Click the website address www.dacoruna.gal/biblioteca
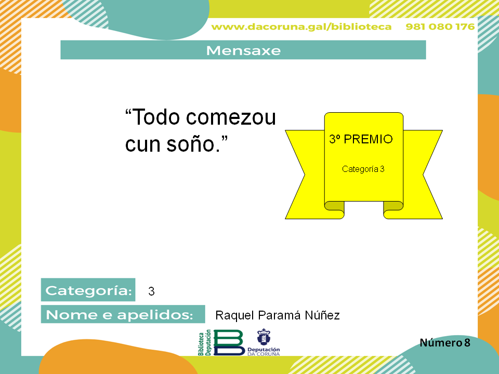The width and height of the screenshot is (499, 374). click(x=301, y=26)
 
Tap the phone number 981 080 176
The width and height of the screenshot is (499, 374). click(x=440, y=26)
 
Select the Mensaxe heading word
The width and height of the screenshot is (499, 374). click(x=243, y=50)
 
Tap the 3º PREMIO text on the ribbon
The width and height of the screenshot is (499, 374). click(x=361, y=139)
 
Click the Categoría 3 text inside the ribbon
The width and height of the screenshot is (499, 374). click(x=363, y=169)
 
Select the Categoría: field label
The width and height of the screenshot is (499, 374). click(x=88, y=290)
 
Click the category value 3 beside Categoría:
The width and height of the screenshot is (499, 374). click(x=151, y=291)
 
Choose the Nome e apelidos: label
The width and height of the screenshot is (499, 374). click(x=123, y=314)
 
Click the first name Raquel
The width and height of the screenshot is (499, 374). click(x=235, y=315)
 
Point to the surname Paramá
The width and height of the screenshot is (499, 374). click(x=279, y=315)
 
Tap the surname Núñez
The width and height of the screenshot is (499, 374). click(x=322, y=315)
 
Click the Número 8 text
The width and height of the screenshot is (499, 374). click(x=445, y=342)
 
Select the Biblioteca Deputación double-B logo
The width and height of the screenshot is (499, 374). click(x=221, y=342)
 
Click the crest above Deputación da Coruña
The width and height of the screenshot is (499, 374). click(x=264, y=337)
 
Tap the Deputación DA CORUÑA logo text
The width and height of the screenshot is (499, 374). click(x=264, y=352)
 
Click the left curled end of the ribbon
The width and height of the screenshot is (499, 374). click(x=334, y=210)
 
